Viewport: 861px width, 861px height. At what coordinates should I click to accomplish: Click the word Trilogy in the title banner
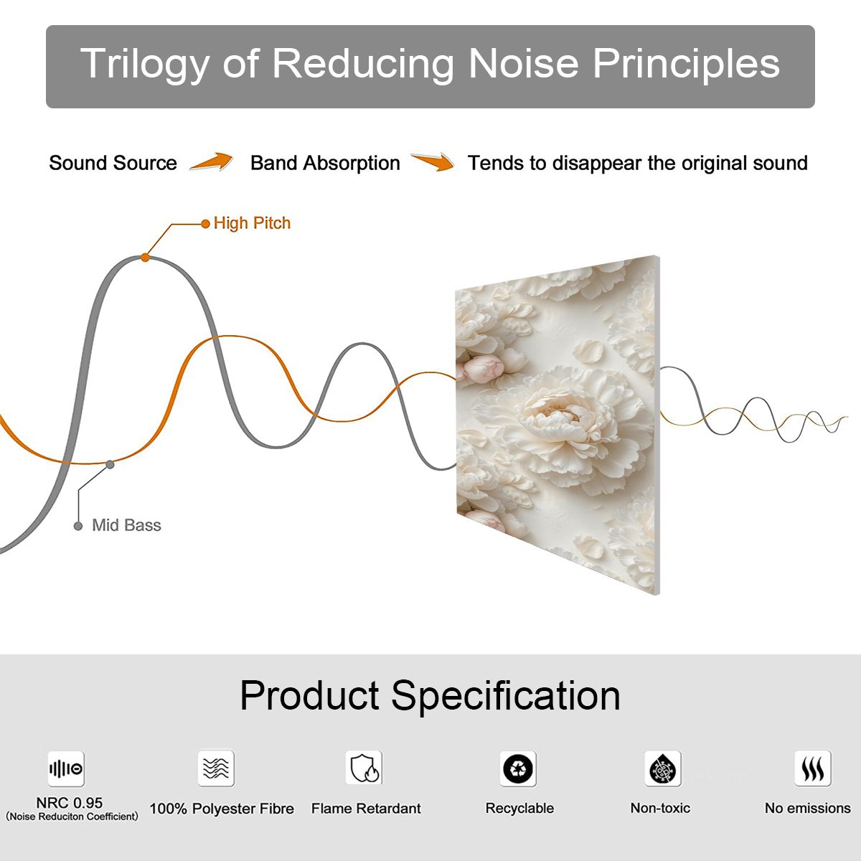144,65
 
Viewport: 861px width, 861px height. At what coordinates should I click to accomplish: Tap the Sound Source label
113,163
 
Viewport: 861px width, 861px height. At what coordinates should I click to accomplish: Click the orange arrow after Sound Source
212,161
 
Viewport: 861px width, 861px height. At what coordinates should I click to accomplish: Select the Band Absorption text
325,164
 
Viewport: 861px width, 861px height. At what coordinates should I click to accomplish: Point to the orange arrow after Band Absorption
433,161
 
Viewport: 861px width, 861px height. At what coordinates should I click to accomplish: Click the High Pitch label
252,223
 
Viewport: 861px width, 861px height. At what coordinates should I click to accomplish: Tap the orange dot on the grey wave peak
145,258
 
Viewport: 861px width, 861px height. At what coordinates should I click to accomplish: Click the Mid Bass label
126,525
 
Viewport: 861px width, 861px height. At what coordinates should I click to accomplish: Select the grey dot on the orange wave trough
110,465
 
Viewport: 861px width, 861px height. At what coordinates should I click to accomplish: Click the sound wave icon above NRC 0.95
66,768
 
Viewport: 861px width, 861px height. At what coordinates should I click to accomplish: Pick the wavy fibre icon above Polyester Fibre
216,768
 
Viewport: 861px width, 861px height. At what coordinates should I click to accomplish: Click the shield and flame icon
364,768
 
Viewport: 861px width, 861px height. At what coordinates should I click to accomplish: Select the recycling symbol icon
518,768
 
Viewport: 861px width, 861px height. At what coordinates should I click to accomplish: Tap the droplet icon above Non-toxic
663,768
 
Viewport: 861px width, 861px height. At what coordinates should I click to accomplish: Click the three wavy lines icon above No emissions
813,768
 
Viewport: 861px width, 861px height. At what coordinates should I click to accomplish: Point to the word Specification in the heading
506,696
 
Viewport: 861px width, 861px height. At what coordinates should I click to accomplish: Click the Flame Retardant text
366,809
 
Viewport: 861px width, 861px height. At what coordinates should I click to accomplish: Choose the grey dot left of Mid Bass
78,526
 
